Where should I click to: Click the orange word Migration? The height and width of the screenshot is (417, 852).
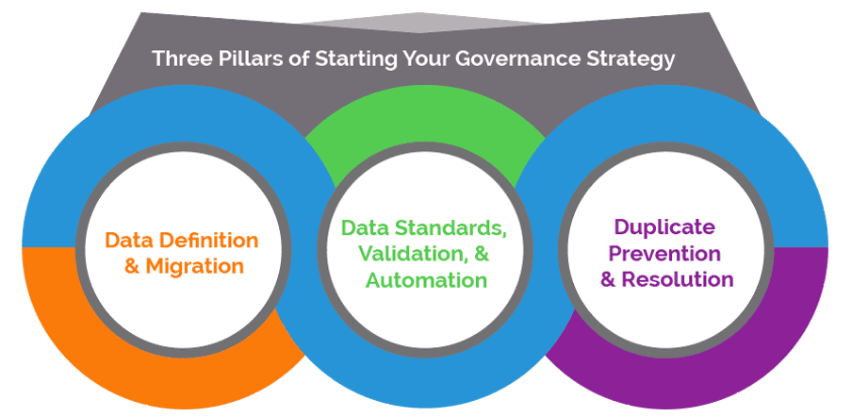coord(194,266)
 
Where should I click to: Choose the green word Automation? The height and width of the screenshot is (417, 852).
coord(426,280)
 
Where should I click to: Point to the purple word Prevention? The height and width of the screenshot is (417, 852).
coord(664,254)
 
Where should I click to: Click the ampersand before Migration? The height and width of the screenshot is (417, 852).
coord(132,266)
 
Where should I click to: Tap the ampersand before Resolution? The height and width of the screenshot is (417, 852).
coord(608,279)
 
